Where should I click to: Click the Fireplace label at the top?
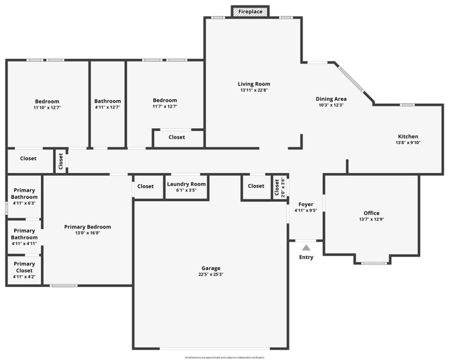pos(250,11)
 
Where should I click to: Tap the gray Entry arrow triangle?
pos(306,247)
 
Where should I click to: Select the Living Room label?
pos(254,84)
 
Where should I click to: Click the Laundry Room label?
pos(186,184)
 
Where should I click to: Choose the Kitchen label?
pos(408,136)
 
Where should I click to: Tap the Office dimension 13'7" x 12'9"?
pos(372,219)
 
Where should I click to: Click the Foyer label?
pos(306,204)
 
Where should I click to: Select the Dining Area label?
pos(331,99)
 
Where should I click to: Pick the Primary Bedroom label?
pos(88,227)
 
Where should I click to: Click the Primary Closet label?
pos(24,267)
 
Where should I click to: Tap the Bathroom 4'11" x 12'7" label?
pos(107,101)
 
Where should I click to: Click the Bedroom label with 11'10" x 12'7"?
pos(47,101)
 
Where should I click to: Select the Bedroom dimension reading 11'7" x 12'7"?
pos(165,107)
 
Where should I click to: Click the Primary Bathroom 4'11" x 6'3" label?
pos(24,194)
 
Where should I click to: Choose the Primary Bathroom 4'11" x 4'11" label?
pos(24,234)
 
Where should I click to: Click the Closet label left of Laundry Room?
pos(145,186)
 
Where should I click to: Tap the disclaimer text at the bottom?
pos(224,357)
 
